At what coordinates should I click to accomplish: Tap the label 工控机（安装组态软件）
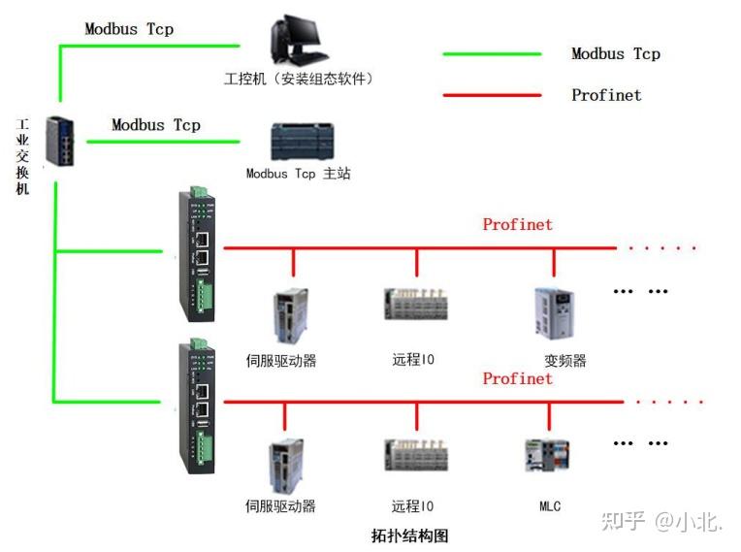(x=299, y=79)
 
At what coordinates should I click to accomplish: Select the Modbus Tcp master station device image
(x=302, y=142)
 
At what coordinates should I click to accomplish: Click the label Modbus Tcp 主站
(x=298, y=174)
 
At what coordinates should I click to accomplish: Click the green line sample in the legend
(x=492, y=54)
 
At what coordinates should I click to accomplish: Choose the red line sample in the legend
(x=492, y=95)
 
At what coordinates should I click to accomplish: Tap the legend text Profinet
(x=606, y=95)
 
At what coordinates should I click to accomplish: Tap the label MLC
(x=550, y=505)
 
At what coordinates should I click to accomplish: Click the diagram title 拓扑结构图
(x=410, y=535)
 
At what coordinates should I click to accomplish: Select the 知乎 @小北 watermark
(x=662, y=521)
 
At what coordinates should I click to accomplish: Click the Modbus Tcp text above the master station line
(x=156, y=125)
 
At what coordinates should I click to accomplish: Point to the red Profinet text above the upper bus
(x=517, y=225)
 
